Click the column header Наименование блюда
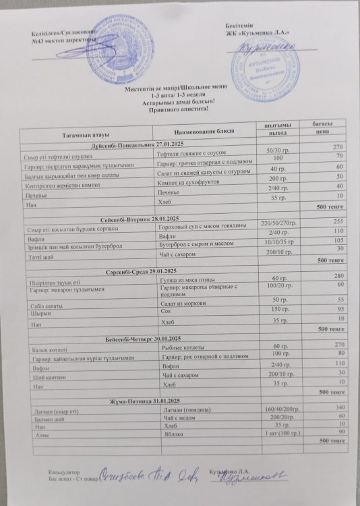coord(206,130)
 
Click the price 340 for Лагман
coord(340,407)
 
